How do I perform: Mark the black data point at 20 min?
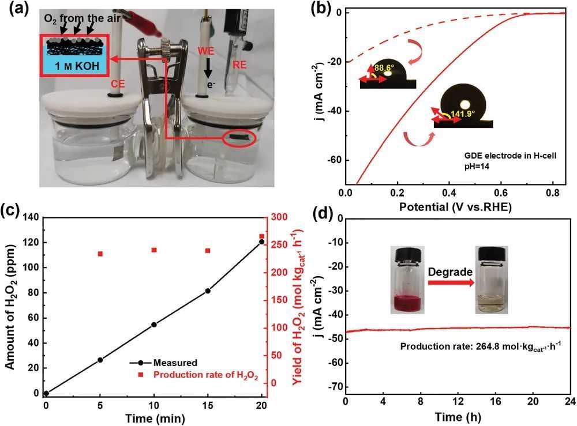261,242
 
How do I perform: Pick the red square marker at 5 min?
100,254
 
